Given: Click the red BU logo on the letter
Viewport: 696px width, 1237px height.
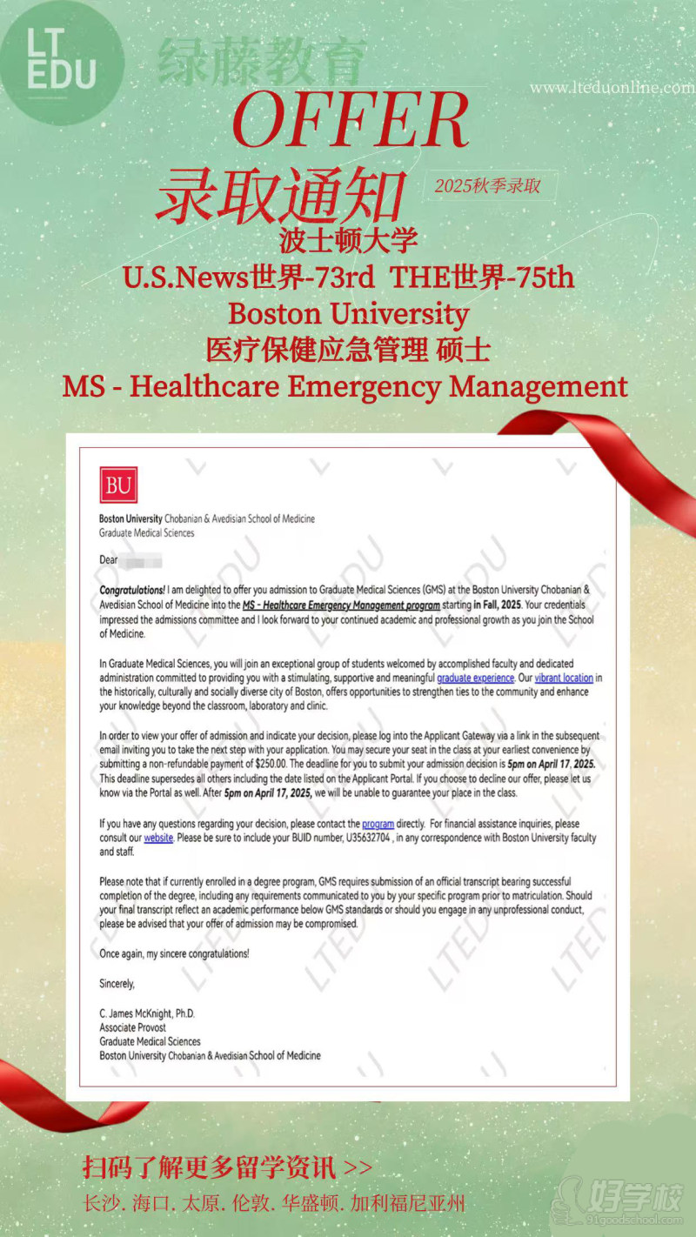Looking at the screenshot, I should coord(118,485).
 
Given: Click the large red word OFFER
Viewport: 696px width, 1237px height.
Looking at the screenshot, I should coord(351,119).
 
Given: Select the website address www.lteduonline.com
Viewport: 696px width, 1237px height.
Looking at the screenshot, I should coord(612,88).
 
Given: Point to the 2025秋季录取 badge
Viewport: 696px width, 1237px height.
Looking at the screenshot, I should coord(487,186).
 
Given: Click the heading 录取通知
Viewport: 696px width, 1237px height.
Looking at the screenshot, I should coord(280,194).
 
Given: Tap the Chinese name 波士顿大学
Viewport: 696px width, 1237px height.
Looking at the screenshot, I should coord(348,239).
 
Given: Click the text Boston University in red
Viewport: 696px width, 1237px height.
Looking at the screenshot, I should coord(348,313).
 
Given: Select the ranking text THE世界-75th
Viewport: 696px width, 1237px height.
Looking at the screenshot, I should coord(482,277).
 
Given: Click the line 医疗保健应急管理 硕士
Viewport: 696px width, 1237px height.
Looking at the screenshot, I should coord(348,350).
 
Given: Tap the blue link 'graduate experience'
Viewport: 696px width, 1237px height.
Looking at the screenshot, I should coord(475,678).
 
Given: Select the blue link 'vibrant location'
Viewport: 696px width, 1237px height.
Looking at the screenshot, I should coord(564,678).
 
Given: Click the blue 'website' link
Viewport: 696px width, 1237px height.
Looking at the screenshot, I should coord(158,838).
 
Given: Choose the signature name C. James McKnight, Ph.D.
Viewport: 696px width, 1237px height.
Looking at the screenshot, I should coord(147,1013).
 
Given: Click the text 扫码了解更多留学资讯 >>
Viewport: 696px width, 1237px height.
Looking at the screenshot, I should coord(227,1167).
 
